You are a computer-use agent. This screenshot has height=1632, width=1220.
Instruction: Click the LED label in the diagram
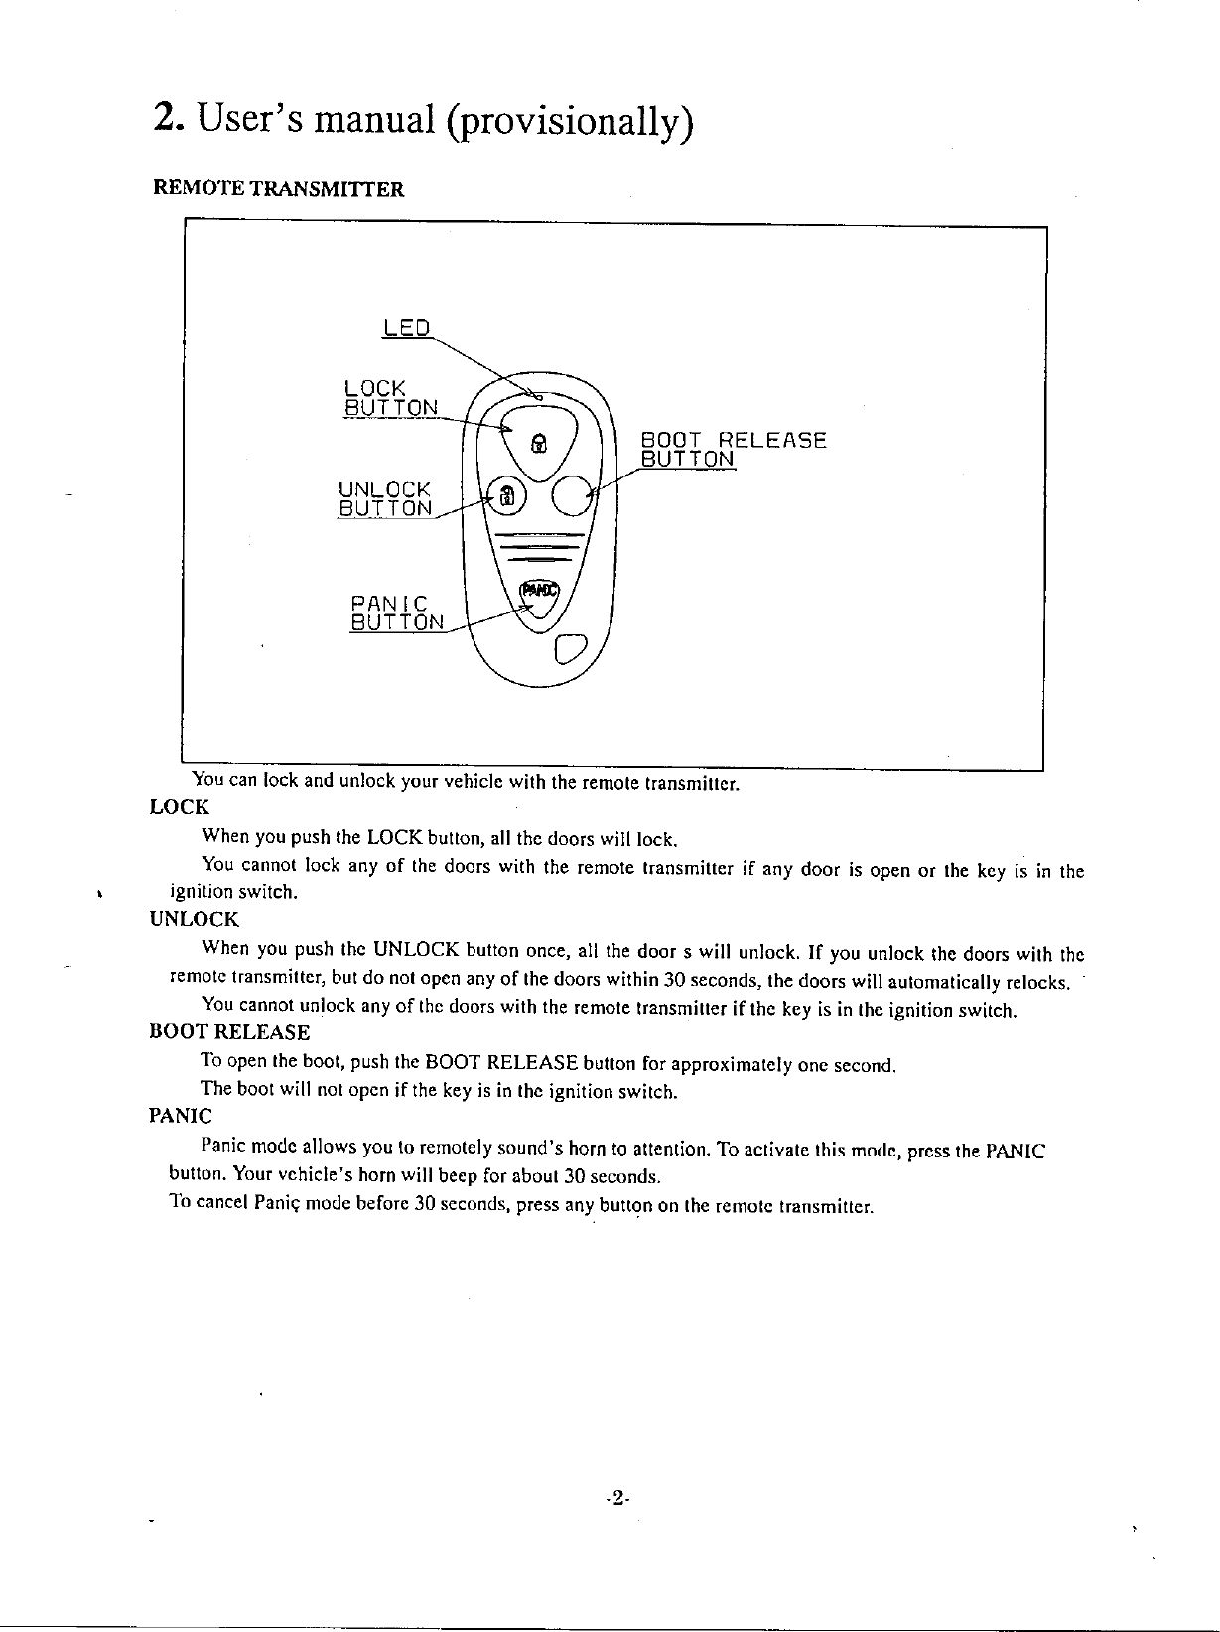[406, 328]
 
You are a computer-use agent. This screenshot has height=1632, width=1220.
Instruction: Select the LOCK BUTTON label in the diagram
[388, 397]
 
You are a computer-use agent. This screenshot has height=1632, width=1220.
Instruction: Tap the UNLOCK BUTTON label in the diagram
[385, 498]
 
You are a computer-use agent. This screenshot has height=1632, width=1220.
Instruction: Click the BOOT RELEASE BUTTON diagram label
[734, 449]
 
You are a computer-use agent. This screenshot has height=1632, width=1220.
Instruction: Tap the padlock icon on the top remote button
[537, 442]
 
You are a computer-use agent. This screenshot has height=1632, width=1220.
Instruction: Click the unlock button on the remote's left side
[506, 496]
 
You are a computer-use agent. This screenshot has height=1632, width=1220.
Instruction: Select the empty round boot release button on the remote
[570, 495]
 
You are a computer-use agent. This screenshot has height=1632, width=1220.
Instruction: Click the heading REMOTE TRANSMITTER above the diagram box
[277, 189]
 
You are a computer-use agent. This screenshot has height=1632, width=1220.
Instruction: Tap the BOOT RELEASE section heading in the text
[228, 1032]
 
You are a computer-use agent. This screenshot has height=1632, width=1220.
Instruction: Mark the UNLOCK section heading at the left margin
[194, 920]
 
